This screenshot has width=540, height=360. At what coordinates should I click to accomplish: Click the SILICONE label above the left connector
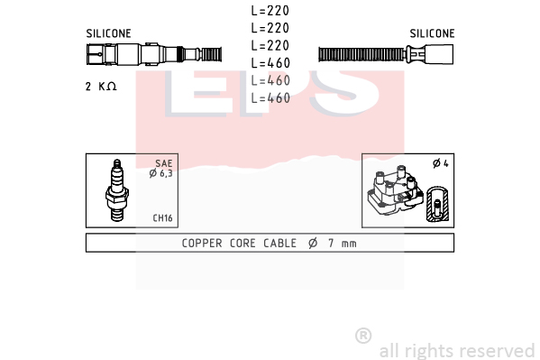tap(108, 33)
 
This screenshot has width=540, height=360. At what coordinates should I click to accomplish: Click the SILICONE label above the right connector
tap(432, 33)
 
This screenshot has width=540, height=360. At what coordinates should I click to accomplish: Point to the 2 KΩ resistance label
tap(101, 87)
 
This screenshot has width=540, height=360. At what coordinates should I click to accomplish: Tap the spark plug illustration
tap(117, 190)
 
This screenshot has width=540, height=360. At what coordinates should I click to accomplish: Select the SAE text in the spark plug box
tap(164, 163)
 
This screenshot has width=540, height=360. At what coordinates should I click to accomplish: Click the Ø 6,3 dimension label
tap(160, 173)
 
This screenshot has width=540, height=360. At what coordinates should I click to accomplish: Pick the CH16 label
tap(162, 218)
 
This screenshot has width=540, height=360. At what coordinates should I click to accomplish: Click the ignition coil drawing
tap(396, 190)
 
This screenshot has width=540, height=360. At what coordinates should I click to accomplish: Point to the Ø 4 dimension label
tap(441, 163)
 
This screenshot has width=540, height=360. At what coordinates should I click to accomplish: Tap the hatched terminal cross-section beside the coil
tap(437, 204)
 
